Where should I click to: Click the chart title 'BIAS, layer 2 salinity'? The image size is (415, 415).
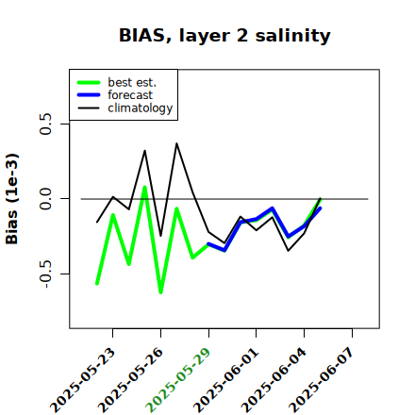(x=224, y=36)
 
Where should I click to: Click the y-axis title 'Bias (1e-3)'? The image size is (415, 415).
(x=12, y=199)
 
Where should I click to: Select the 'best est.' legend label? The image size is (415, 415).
(x=132, y=82)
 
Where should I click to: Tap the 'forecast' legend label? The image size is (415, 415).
(x=130, y=95)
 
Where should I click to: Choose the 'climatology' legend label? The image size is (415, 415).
(x=141, y=108)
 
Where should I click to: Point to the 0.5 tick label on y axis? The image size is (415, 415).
(x=46, y=124)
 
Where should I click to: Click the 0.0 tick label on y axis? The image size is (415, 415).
(x=46, y=199)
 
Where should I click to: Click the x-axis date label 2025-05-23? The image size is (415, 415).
(x=83, y=380)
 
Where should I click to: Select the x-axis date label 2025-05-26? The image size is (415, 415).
(x=131, y=380)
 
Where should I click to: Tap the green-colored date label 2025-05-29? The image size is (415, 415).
(x=178, y=380)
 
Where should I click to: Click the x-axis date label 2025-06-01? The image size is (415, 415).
(x=226, y=380)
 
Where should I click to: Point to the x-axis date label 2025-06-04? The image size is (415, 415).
(x=274, y=380)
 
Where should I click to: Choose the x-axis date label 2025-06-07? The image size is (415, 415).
(x=322, y=380)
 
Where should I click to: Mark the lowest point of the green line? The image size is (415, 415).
(x=160, y=292)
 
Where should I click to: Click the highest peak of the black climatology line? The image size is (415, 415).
(x=176, y=143)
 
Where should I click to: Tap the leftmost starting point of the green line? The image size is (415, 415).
(x=97, y=284)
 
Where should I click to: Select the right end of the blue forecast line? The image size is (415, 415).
(x=320, y=208)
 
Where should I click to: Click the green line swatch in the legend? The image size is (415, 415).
(x=89, y=82)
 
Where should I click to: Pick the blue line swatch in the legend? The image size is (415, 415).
(x=89, y=95)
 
